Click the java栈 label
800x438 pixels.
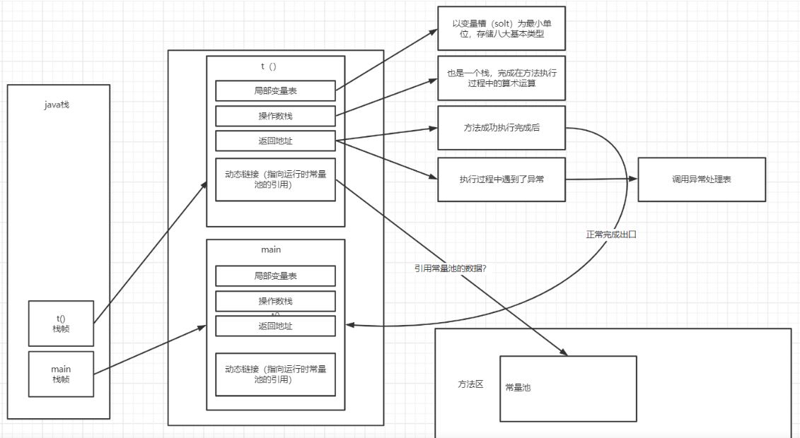click(56, 105)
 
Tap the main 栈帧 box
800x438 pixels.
click(61, 374)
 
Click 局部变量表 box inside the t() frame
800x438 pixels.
click(275, 90)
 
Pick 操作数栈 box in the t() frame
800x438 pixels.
click(275, 116)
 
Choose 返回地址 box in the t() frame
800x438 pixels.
click(275, 141)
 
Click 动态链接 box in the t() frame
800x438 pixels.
click(275, 179)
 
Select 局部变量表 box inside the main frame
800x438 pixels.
click(275, 276)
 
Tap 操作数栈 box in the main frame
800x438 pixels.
click(275, 301)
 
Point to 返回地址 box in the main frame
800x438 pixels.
click(275, 326)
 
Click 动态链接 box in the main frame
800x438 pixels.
click(275, 374)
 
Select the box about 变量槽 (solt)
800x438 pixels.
click(502, 28)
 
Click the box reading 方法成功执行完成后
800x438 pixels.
click(502, 128)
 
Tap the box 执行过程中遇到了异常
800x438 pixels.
click(502, 179)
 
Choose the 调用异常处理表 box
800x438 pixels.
click(702, 179)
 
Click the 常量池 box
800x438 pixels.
click(568, 388)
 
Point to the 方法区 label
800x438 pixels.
click(470, 384)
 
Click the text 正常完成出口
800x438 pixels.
click(611, 234)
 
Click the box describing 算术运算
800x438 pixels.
click(502, 78)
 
